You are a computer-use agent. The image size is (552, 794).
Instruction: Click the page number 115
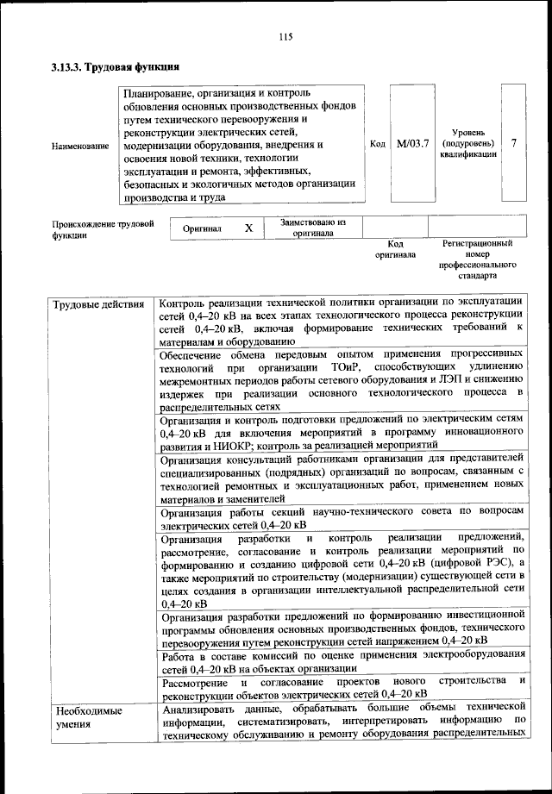(287, 36)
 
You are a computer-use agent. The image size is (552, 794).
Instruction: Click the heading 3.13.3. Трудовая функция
(115, 66)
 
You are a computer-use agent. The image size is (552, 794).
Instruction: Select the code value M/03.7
(412, 143)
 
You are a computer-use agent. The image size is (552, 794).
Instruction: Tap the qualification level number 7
(514, 143)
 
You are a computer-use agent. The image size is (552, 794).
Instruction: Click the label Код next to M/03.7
(377, 143)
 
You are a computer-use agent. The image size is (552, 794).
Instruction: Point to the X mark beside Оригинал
(248, 228)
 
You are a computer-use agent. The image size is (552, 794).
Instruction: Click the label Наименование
(80, 147)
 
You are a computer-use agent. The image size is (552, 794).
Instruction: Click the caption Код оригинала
(395, 249)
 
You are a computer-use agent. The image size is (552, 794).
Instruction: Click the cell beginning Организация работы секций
(342, 517)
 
